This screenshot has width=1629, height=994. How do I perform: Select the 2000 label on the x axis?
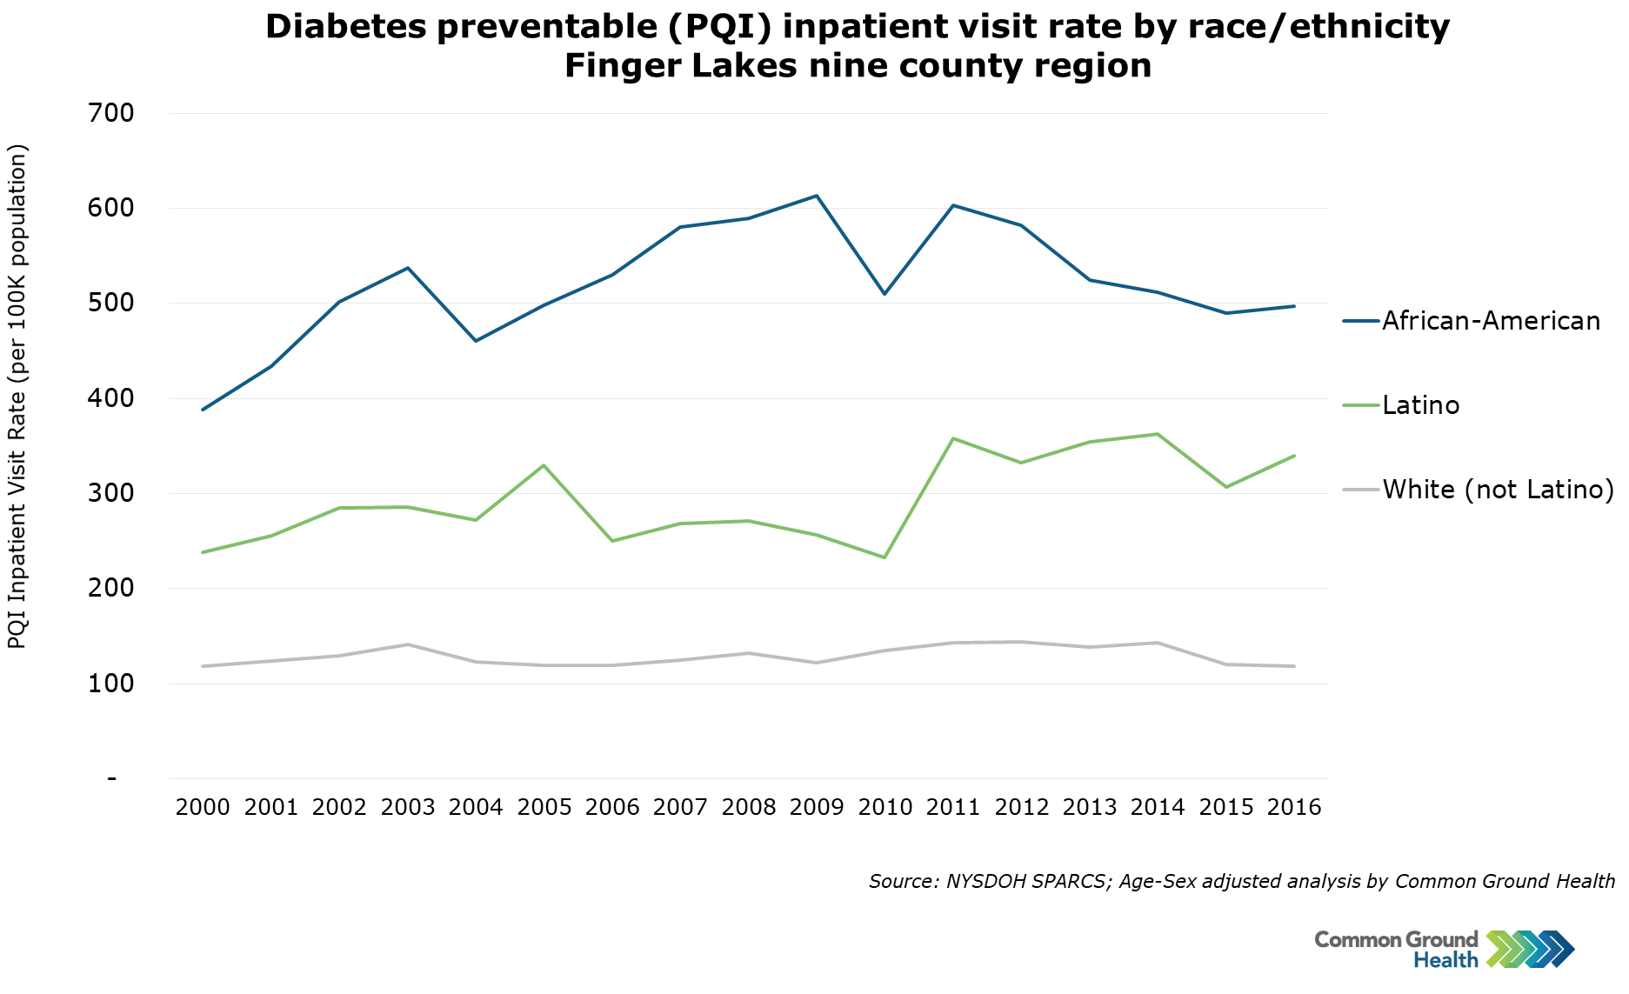coord(203,808)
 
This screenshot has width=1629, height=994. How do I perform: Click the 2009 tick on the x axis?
coord(817,808)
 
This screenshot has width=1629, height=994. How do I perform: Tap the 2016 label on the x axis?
coord(1294,808)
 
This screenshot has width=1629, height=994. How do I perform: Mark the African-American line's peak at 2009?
coord(817,196)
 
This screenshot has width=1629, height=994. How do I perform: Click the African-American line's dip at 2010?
coord(885,294)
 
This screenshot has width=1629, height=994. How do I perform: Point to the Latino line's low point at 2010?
coord(885,557)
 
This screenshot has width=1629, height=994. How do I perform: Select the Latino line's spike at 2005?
coord(544,465)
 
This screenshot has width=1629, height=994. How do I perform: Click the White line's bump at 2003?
coord(408,644)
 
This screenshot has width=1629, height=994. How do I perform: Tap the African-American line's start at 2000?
coord(203,410)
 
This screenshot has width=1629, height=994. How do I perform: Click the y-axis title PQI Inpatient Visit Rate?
coord(18,397)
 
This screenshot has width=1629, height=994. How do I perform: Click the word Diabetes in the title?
coord(345,27)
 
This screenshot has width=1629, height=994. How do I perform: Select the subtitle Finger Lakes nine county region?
coord(858,66)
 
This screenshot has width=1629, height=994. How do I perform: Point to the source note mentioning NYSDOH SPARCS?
coord(1241,881)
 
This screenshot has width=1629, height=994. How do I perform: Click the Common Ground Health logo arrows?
coord(1530,949)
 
